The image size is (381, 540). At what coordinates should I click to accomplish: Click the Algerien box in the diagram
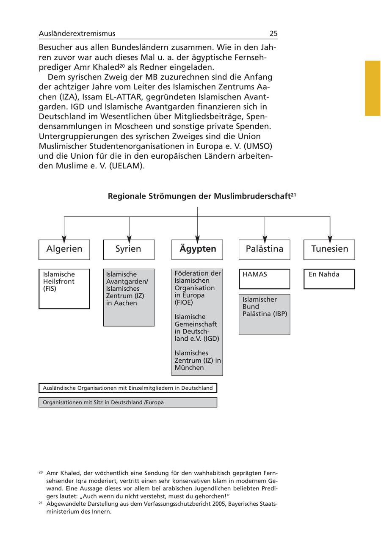pos(64,249)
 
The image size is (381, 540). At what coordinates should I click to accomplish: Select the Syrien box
pos(129,249)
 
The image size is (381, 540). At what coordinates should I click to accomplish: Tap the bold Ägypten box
pos(197,249)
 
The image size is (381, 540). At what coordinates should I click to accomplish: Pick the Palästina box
pos(265,249)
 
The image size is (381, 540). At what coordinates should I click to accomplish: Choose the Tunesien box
pos(329,249)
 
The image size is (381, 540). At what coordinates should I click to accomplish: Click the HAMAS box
pos(265,278)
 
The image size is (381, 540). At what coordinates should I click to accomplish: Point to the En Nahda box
pos(329,278)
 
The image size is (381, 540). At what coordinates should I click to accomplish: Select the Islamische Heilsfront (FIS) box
pos(64,289)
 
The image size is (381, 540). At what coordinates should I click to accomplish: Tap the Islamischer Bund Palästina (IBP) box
pos(265,314)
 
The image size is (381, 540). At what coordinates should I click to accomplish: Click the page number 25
pos(273,33)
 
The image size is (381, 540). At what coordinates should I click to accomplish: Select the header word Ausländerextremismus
pos(77,33)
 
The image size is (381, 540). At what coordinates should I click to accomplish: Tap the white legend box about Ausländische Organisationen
pos(128,388)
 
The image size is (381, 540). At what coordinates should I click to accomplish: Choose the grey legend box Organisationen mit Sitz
pos(128,402)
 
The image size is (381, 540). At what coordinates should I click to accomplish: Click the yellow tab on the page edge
pos(373,88)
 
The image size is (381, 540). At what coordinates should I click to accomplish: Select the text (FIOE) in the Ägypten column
pos(184,303)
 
